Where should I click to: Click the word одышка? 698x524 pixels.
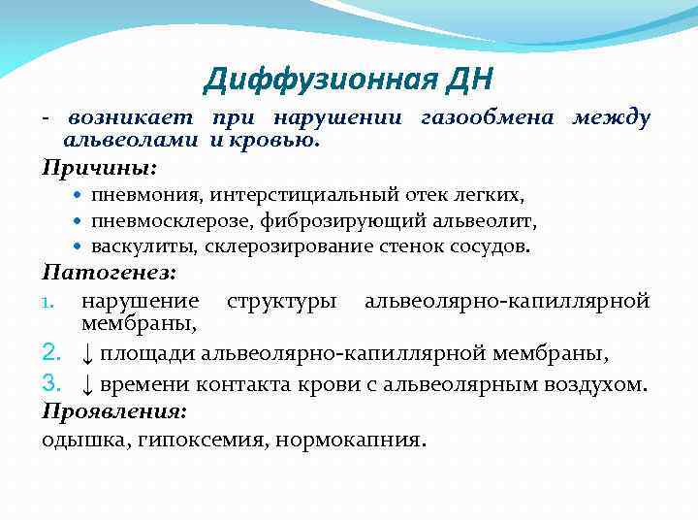pyautogui.click(x=73, y=439)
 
